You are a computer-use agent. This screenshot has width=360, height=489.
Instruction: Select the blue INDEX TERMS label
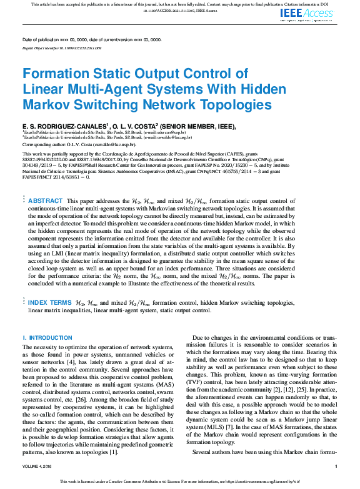49,302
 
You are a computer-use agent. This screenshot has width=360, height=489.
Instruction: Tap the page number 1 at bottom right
336,466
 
